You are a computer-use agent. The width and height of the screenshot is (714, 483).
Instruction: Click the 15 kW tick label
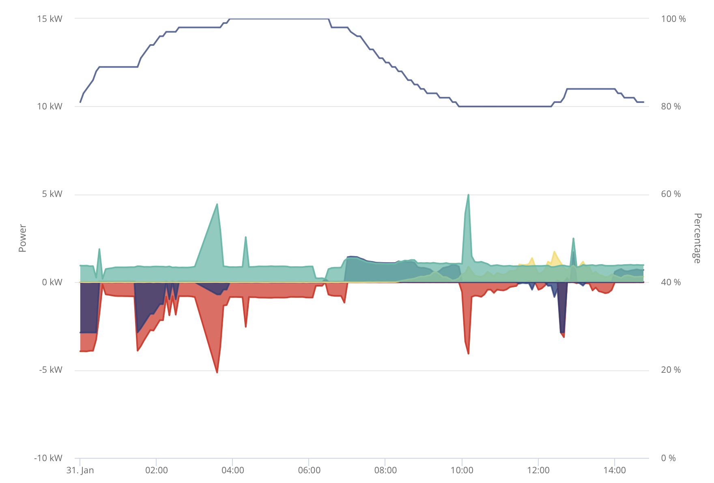(x=49, y=19)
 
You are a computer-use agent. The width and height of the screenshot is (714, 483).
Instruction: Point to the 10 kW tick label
(x=49, y=107)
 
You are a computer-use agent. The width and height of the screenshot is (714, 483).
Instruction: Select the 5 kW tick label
(x=52, y=194)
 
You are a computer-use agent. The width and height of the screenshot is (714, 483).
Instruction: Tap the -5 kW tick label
(x=51, y=370)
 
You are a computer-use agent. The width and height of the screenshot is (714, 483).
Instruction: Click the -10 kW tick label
(x=48, y=458)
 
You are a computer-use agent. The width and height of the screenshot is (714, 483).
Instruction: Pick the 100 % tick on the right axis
(x=673, y=19)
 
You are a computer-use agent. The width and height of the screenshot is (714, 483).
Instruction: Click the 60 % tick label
(x=671, y=194)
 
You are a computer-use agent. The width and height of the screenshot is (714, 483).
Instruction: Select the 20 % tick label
(x=671, y=370)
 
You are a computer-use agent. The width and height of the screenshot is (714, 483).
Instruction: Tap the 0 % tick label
(x=669, y=458)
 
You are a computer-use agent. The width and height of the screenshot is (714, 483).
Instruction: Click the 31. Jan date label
(x=80, y=470)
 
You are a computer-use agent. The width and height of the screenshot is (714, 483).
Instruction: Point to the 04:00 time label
(x=233, y=470)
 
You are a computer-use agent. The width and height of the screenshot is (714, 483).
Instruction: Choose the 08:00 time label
(x=385, y=470)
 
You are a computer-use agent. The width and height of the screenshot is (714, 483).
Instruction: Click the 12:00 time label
(x=538, y=470)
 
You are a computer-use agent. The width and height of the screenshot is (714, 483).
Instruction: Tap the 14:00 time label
(x=615, y=470)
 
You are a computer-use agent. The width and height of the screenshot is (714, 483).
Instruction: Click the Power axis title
(x=23, y=238)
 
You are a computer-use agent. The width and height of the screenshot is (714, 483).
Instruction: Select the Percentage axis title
(x=697, y=238)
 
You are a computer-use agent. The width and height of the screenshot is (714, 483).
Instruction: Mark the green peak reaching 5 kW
(x=468, y=195)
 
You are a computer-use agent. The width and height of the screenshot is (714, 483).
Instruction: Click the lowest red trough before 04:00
(x=217, y=372)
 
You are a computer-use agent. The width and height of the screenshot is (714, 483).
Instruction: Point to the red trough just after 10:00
(x=468, y=353)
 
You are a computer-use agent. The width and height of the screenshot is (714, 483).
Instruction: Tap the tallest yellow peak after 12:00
(x=554, y=252)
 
